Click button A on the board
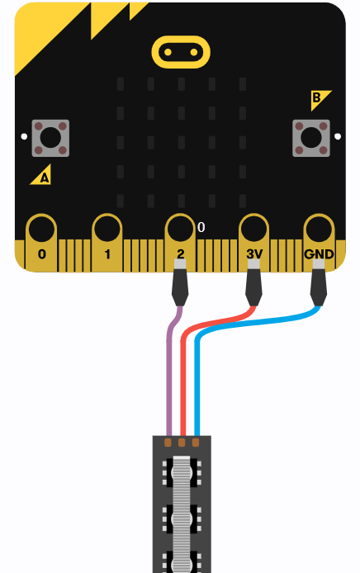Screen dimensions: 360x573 click(x=50, y=138)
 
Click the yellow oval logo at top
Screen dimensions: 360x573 click(x=181, y=52)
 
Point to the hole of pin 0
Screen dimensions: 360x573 click(x=41, y=230)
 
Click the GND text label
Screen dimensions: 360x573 click(x=319, y=254)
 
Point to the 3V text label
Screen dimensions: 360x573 click(x=254, y=254)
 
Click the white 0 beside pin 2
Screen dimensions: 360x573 click(x=201, y=227)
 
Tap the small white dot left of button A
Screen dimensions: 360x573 click(x=24, y=136)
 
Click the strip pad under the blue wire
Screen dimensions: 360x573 click(x=196, y=443)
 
